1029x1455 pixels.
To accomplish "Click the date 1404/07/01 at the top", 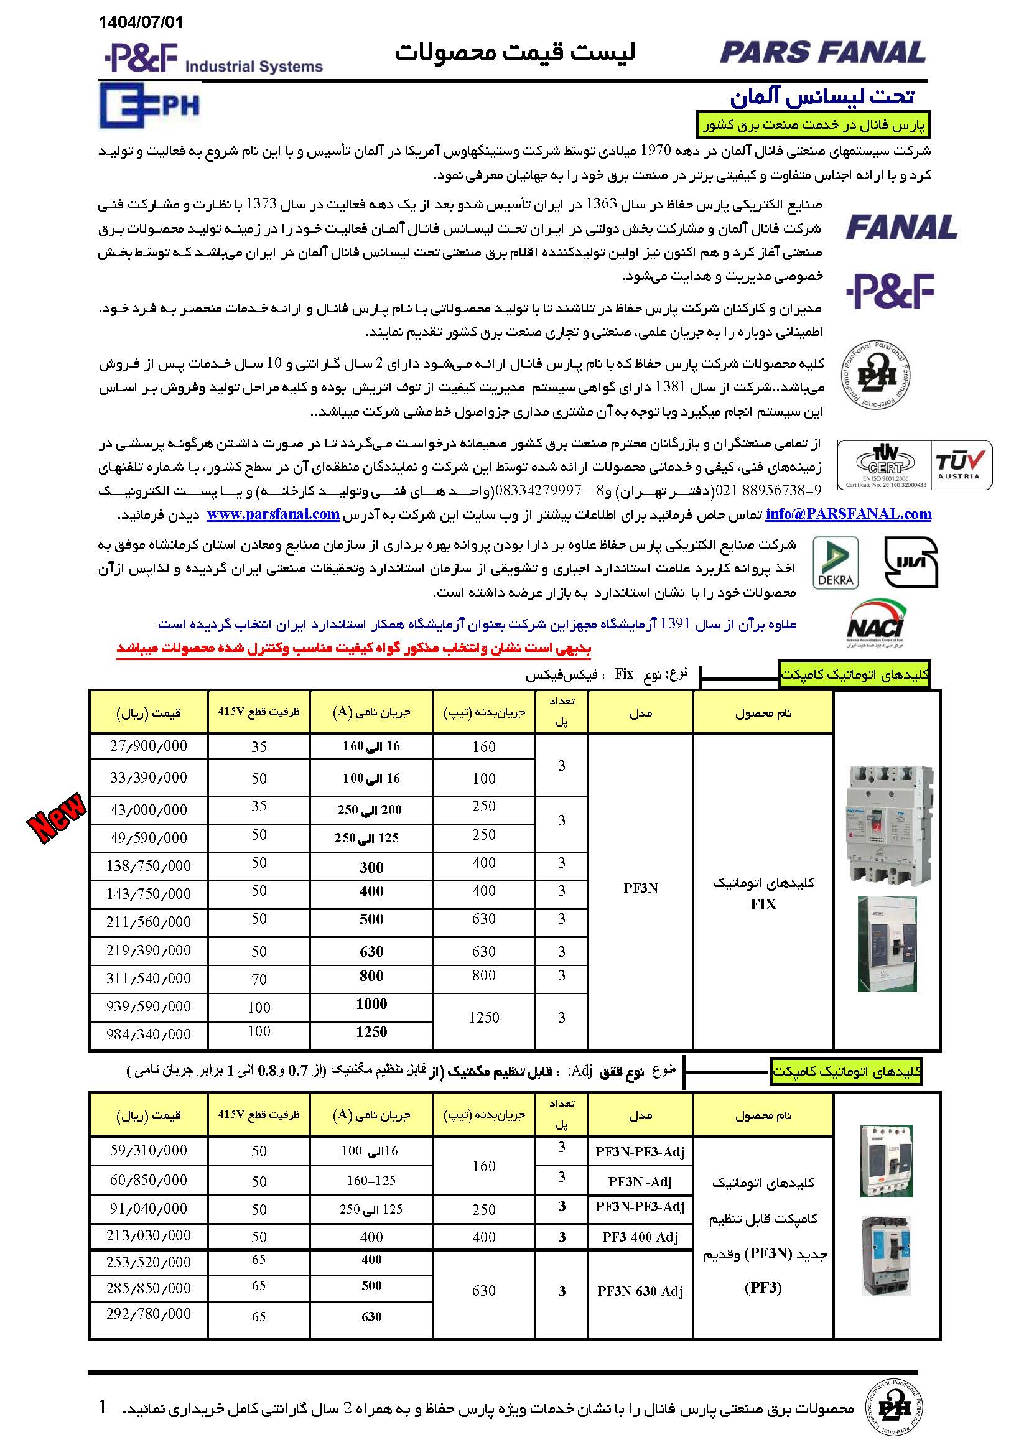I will pos(140,22).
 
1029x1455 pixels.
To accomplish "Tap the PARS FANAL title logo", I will pos(822,53).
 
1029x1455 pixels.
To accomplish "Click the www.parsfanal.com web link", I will pos(273,514).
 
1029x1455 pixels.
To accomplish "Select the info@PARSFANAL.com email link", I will pos(848,514).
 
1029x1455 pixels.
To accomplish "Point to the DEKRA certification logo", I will pos(835,563).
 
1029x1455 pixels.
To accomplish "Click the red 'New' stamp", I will pos(57,817).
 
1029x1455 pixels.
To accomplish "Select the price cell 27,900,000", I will pos(148,746).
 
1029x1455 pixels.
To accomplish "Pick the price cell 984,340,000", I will pos(148,1034).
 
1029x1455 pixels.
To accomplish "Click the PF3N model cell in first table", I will pos(640,888).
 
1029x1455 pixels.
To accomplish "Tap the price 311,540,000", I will pos(148,979).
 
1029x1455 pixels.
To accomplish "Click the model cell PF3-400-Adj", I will pos(640,1237).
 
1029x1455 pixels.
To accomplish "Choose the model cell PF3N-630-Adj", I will pos(640,1291).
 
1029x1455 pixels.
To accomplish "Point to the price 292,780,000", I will pos(148,1314).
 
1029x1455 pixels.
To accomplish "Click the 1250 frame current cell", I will pos(483,1018).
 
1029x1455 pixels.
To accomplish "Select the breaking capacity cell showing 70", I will pos(259,980).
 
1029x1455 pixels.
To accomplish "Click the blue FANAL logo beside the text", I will pos(901,228).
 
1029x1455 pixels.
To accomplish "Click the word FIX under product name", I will pos(763,904).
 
